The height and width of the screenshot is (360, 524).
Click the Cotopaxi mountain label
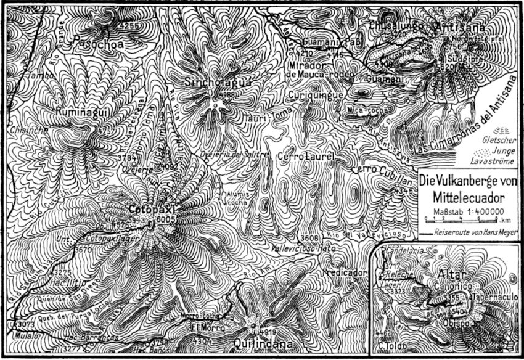click(x=152, y=210)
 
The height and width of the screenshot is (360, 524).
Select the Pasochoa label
click(x=97, y=44)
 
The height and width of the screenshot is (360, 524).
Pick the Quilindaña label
click(x=261, y=344)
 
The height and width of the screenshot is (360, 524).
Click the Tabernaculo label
click(x=497, y=296)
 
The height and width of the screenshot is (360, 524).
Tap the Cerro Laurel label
click(x=306, y=157)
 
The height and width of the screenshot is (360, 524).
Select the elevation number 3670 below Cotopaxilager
click(x=83, y=249)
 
